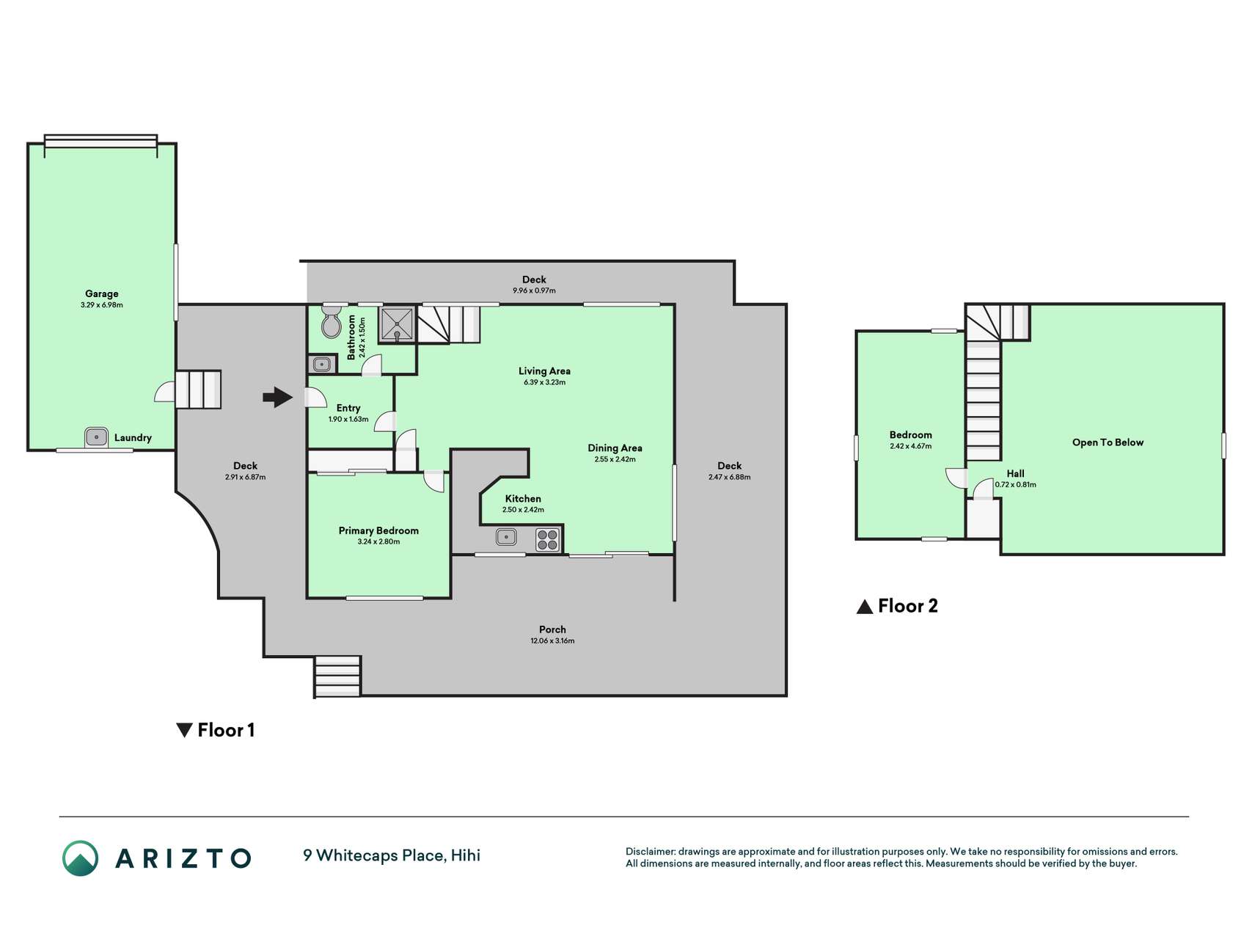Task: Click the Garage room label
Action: pyautogui.click(x=101, y=293)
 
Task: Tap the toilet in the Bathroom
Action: pyautogui.click(x=332, y=321)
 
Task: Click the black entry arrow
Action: pyautogui.click(x=278, y=397)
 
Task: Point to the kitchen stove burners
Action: pyautogui.click(x=548, y=540)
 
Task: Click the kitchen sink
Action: pyautogui.click(x=506, y=537)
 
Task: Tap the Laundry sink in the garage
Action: pyautogui.click(x=96, y=437)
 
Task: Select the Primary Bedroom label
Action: pyautogui.click(x=378, y=530)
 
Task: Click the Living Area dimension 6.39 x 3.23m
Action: pyautogui.click(x=544, y=382)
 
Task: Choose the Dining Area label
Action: pyautogui.click(x=615, y=447)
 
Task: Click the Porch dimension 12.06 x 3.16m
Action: pyautogui.click(x=552, y=640)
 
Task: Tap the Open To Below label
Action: pyautogui.click(x=1108, y=442)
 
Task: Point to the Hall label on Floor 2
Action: pyautogui.click(x=1015, y=473)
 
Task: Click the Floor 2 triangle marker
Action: pyautogui.click(x=865, y=607)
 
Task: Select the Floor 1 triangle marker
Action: pyautogui.click(x=184, y=730)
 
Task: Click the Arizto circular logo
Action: pyautogui.click(x=80, y=858)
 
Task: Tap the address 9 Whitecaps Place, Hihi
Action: pyautogui.click(x=392, y=855)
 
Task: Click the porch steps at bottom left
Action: pyautogui.click(x=337, y=676)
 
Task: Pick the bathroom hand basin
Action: pyautogui.click(x=321, y=364)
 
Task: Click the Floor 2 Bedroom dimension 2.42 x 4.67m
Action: pyautogui.click(x=910, y=446)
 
